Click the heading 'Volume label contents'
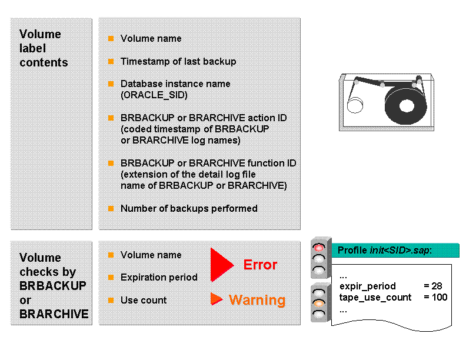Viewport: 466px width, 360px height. tap(44, 48)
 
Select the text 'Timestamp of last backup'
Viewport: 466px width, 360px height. tap(178, 61)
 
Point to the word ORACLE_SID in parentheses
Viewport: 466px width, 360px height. tap(154, 95)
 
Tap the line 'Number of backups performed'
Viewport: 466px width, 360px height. tap(188, 208)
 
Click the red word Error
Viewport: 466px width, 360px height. tap(260, 265)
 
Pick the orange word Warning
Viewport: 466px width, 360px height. tap(257, 300)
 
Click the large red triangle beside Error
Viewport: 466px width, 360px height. tap(221, 265)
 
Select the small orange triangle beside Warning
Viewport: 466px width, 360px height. tap(216, 299)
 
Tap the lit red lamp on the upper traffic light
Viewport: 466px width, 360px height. tap(319, 248)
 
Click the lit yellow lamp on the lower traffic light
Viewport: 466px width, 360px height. tap(319, 304)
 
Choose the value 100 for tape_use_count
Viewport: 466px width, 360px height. tap(435, 297)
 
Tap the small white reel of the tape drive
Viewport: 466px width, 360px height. tap(355, 105)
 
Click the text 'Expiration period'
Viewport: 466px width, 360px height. tap(159, 277)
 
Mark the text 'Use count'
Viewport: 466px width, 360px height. tap(144, 300)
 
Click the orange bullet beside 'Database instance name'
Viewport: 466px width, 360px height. tap(111, 84)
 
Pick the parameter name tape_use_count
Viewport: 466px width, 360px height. tap(375, 297)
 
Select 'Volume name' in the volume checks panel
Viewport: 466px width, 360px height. tap(151, 255)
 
